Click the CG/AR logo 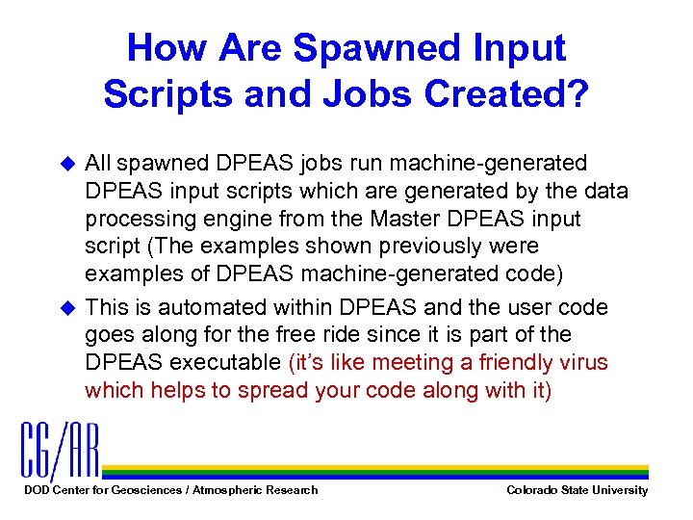(60, 451)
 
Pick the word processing (130, 218)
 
